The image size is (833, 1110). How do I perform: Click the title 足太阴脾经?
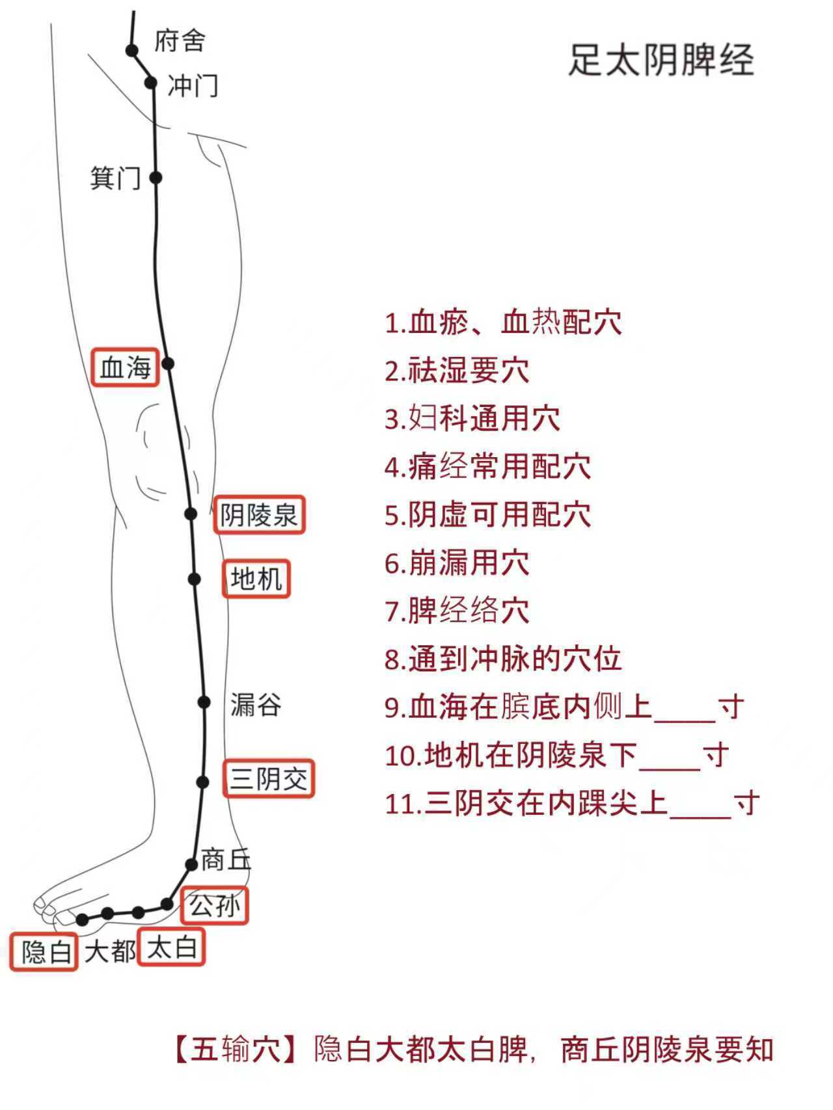pyautogui.click(x=661, y=60)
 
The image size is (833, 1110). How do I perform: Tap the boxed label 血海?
pyautogui.click(x=125, y=367)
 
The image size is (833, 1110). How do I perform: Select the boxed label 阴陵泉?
pyautogui.click(x=259, y=516)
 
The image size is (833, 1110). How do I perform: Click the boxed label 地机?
pyautogui.click(x=256, y=578)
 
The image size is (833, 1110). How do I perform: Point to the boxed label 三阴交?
pyautogui.click(x=269, y=778)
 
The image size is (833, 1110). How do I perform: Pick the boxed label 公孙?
pyautogui.click(x=215, y=905)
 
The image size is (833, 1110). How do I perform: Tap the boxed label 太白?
pyautogui.click(x=172, y=948)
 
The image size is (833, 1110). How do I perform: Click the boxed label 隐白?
pyautogui.click(x=44, y=952)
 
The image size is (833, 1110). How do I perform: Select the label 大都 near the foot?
pyautogui.click(x=109, y=951)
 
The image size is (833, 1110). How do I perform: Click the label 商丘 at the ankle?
pyautogui.click(x=226, y=860)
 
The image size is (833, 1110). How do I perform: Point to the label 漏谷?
pyautogui.click(x=256, y=704)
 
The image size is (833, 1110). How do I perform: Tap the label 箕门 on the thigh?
pyautogui.click(x=115, y=178)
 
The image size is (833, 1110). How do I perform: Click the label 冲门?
pyautogui.click(x=193, y=86)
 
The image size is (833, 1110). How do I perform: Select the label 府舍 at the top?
pyautogui.click(x=180, y=41)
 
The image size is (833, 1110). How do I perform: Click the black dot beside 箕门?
pyautogui.click(x=156, y=177)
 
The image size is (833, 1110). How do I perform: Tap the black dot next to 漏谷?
pyautogui.click(x=204, y=702)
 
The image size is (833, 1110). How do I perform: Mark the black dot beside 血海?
pyautogui.click(x=168, y=363)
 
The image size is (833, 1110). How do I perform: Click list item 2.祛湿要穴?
pyautogui.click(x=457, y=371)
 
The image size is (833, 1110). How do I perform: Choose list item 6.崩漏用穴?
pyautogui.click(x=457, y=563)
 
